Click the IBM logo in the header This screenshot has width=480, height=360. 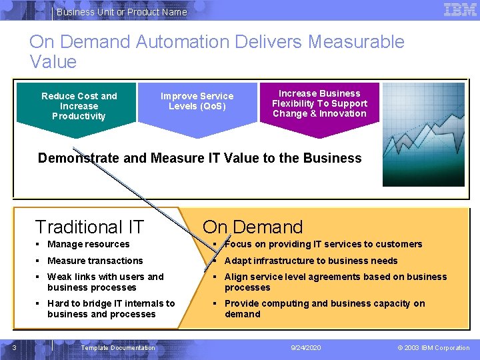[460, 10]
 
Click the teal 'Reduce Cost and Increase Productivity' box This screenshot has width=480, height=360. [79, 106]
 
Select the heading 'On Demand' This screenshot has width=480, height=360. [253, 227]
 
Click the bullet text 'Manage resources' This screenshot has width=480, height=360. [88, 245]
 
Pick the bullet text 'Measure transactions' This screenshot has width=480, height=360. [95, 261]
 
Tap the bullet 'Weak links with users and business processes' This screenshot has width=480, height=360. [105, 282]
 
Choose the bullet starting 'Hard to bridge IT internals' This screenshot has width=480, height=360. [111, 309]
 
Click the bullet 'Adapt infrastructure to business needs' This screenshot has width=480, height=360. [311, 261]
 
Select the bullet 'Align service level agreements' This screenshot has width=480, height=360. [335, 282]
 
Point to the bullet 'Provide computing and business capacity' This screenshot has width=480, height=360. [324, 309]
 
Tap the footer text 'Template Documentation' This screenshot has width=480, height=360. [117, 348]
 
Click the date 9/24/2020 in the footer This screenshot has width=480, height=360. [306, 348]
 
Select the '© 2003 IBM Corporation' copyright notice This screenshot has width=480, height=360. [433, 348]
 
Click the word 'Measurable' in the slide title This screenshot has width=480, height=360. [356, 41]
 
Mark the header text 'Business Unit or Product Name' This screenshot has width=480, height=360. [122, 12]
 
